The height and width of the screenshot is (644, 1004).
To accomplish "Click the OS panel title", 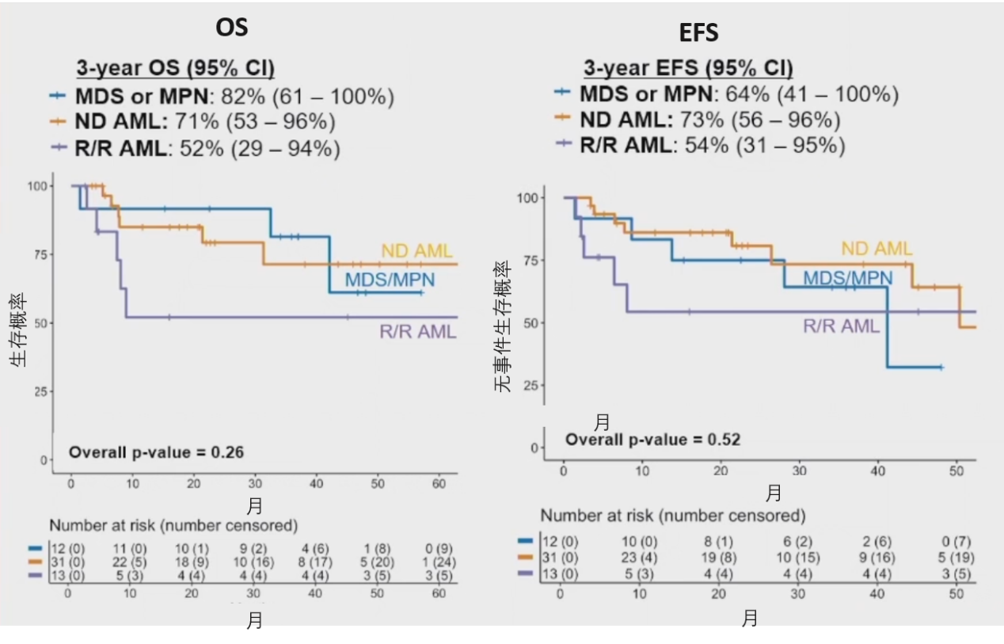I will (232, 27).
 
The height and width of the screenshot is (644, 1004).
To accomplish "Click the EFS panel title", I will (699, 32).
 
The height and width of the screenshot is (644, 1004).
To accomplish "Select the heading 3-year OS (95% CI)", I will (175, 69).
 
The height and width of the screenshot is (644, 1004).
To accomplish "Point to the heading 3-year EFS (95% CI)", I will (688, 68).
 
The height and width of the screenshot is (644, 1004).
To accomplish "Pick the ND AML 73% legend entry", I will (698, 120).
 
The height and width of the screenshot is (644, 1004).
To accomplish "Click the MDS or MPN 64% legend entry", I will (727, 94).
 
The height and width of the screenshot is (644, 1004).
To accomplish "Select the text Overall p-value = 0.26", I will (156, 452).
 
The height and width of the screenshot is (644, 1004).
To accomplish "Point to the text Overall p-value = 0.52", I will (652, 439).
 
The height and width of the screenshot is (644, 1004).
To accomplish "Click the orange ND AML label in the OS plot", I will (416, 251).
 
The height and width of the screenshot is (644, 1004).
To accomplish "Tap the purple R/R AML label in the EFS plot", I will (842, 326).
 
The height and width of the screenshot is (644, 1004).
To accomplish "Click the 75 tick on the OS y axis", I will (40, 254).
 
